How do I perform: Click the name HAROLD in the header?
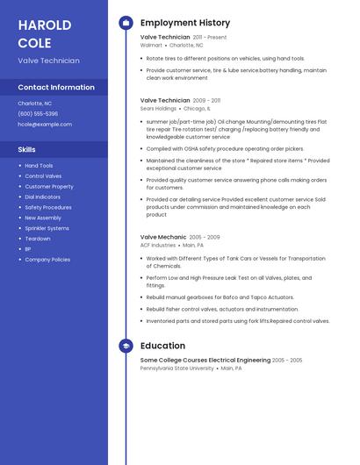pyautogui.click(x=45, y=25)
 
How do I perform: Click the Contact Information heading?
pyautogui.click(x=56, y=88)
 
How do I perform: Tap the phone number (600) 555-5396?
pyautogui.click(x=38, y=114)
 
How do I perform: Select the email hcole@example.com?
pyautogui.click(x=45, y=125)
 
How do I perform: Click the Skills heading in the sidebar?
pyautogui.click(x=26, y=149)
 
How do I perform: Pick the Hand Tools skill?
pyautogui.click(x=39, y=166)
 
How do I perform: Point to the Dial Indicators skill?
pyautogui.click(x=44, y=197)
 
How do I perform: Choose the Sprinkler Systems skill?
pyautogui.click(x=47, y=228)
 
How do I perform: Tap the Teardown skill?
pyautogui.click(x=38, y=239)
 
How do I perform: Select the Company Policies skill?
pyautogui.click(x=47, y=260)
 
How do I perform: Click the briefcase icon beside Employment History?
pyautogui.click(x=126, y=23)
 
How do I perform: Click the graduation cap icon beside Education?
pyautogui.click(x=126, y=346)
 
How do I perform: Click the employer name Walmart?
pyautogui.click(x=151, y=45)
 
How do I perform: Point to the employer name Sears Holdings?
pyautogui.click(x=159, y=109)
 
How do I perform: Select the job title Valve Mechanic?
pyautogui.click(x=163, y=237)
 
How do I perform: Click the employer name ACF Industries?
pyautogui.click(x=158, y=246)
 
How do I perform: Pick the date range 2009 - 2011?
pyautogui.click(x=206, y=101)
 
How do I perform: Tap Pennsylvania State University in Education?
pyautogui.click(x=176, y=368)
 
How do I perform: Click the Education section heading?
pyautogui.click(x=162, y=346)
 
